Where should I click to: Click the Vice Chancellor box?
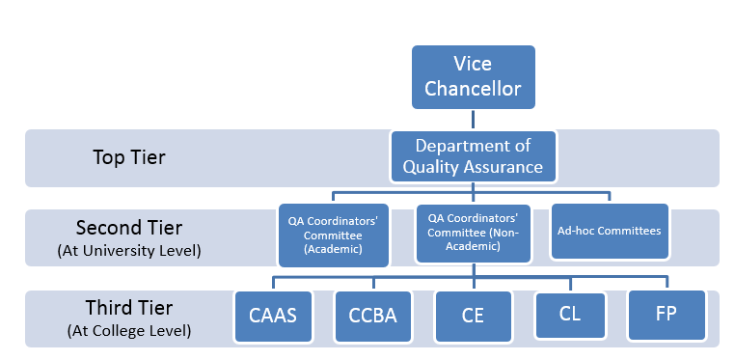473,76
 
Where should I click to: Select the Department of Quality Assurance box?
473,156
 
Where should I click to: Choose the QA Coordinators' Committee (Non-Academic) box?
473,233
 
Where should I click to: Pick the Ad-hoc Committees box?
610,231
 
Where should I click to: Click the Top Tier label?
129,157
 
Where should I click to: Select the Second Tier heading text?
129,229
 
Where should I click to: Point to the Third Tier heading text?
129,309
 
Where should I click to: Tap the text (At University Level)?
129,251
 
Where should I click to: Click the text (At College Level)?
129,331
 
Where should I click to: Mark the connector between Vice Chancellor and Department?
473,120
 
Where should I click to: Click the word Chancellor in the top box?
473,89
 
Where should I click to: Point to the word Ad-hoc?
577,231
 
